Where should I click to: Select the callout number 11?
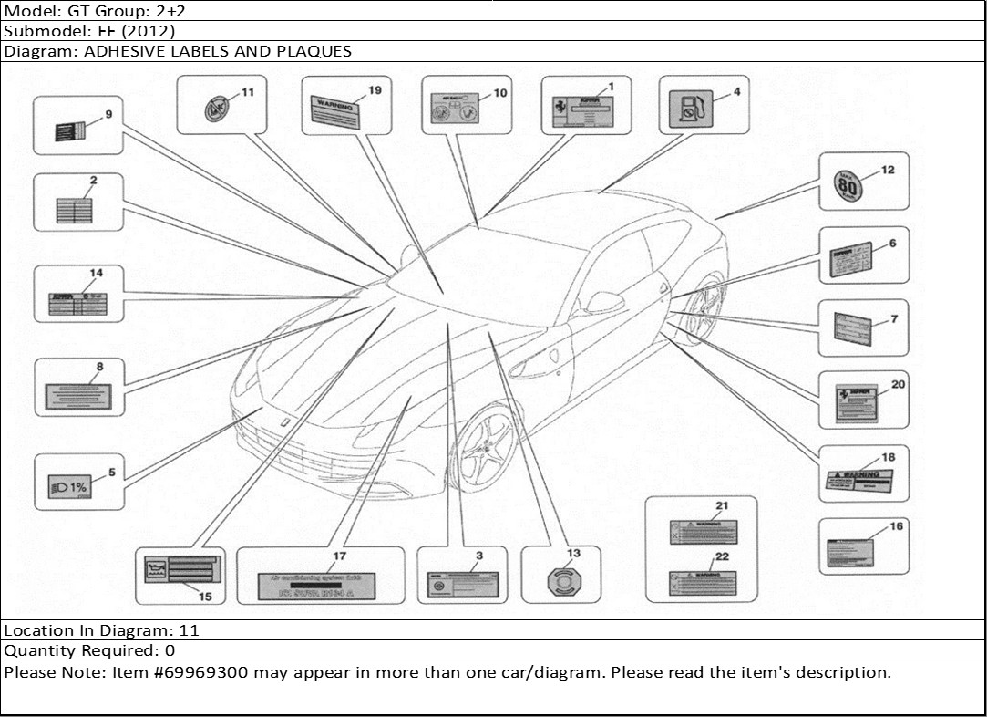[x=247, y=93]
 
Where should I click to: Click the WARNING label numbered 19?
[x=335, y=111]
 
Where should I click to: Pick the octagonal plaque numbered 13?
[x=560, y=581]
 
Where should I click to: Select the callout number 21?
[x=721, y=505]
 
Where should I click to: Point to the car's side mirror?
[x=604, y=300]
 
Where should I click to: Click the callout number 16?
[x=896, y=526]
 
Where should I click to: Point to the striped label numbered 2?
[x=75, y=211]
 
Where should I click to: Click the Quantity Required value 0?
[x=170, y=651]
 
